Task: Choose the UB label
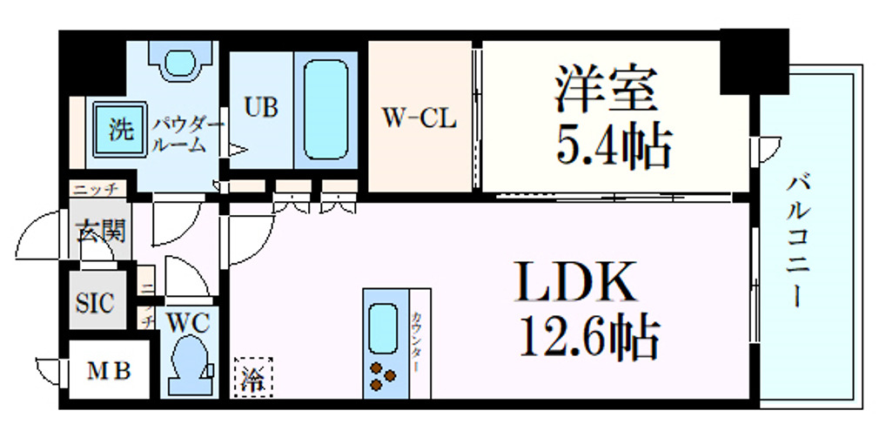point(260,108)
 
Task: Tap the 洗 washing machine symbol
point(120,131)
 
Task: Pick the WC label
point(188,322)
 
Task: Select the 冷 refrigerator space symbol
point(252,378)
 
